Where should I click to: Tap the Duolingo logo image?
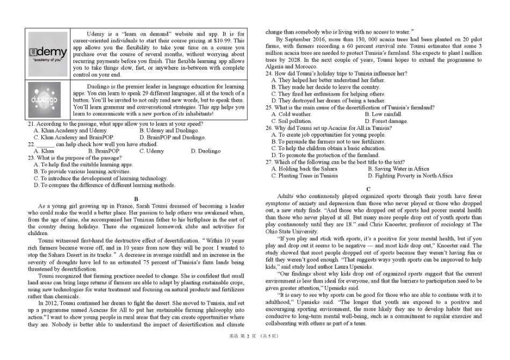pyautogui.click(x=48, y=100)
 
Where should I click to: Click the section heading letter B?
pyautogui.click(x=136, y=199)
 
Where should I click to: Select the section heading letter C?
pyautogui.click(x=368, y=189)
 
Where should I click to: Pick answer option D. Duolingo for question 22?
pyautogui.click(x=205, y=151)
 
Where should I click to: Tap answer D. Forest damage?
pyautogui.click(x=386, y=121)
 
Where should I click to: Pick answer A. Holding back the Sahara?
pyautogui.click(x=304, y=169)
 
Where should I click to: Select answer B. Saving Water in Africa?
pyautogui.click(x=398, y=169)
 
